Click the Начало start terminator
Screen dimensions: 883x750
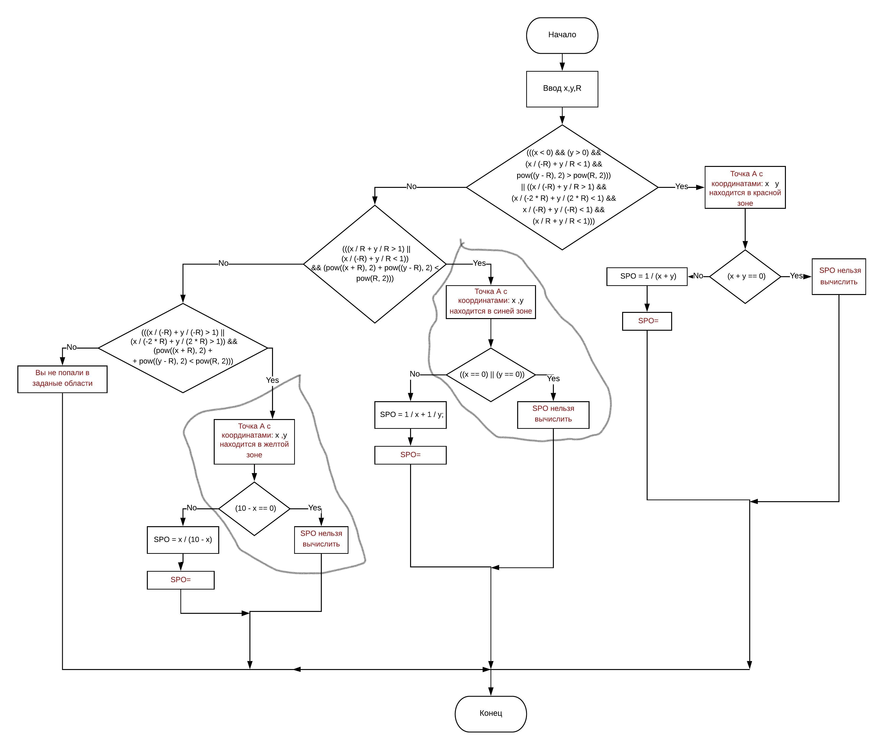tap(562, 35)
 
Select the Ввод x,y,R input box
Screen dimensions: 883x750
tap(562, 89)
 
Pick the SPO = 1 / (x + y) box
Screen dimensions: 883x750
tap(647, 276)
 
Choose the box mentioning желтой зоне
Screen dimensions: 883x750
tap(254, 442)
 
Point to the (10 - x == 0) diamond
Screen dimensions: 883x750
tap(254, 509)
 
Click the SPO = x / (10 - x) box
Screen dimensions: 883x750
tap(183, 540)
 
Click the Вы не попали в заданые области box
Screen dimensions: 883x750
tap(62, 379)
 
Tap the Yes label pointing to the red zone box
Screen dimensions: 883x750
tap(681, 187)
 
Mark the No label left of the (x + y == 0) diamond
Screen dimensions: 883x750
tap(698, 276)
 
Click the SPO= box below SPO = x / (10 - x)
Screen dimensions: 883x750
tap(181, 580)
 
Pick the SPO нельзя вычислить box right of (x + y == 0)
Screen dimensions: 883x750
tap(838, 276)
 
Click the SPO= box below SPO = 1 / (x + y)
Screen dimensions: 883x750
tap(647, 321)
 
